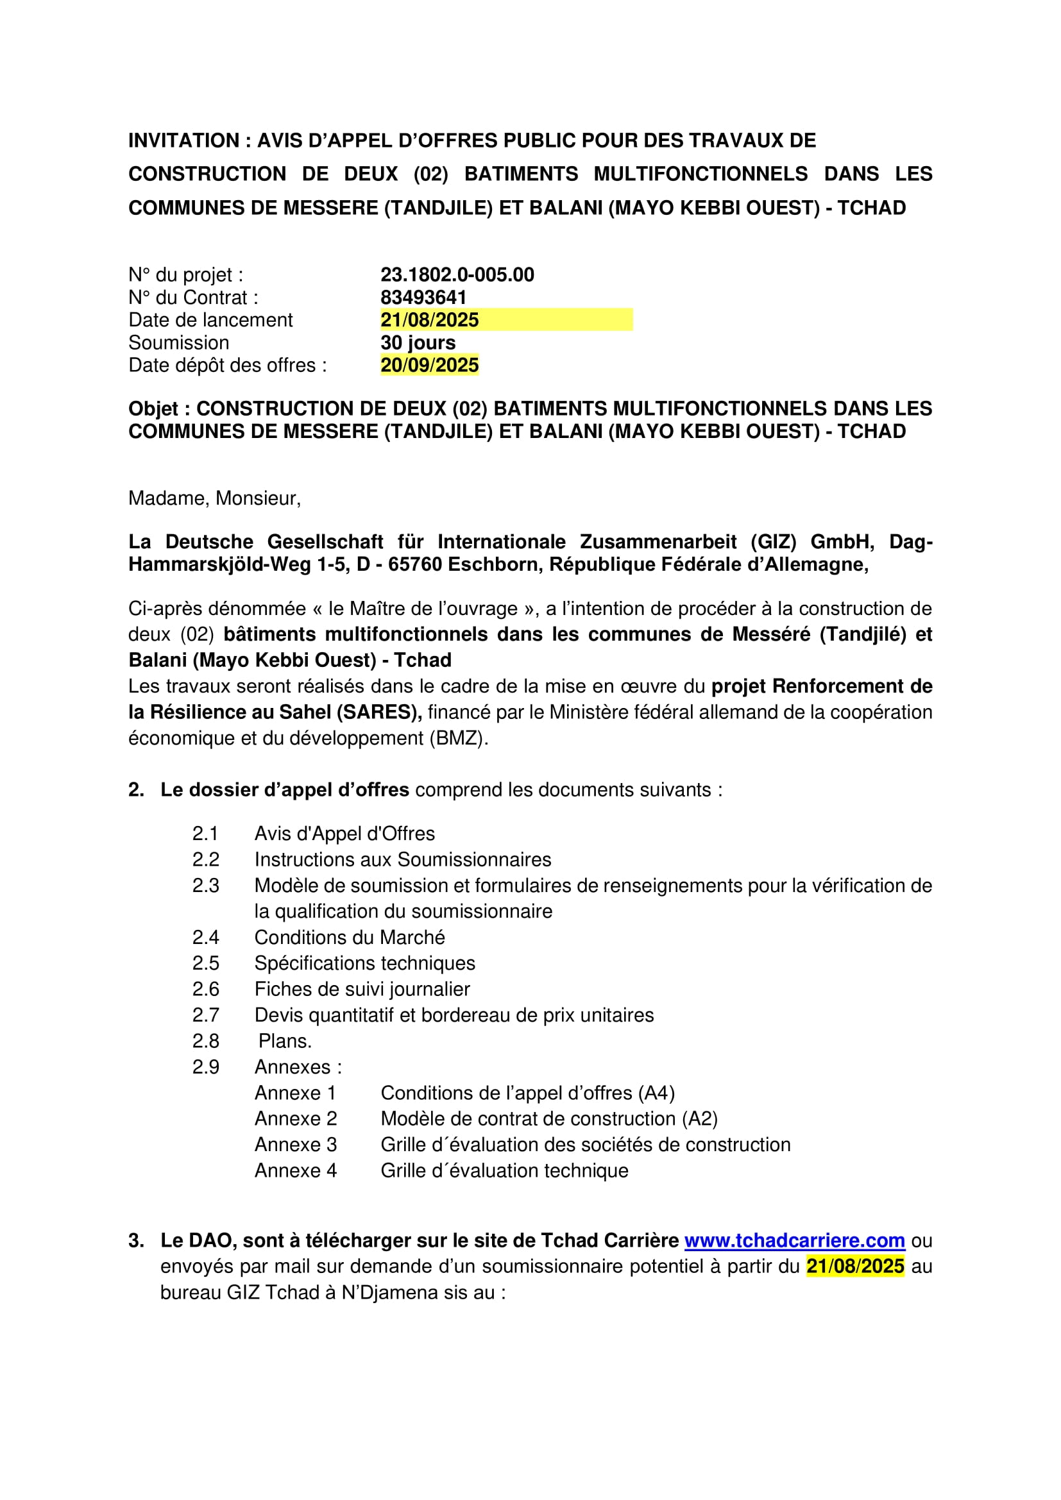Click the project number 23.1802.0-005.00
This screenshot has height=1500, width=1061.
coord(457,274)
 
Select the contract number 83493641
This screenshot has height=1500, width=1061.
coord(423,298)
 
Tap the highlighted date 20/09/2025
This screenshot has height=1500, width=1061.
coord(429,365)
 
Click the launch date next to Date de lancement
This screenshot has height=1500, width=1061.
coord(429,320)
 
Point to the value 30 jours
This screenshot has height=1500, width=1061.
coord(418,342)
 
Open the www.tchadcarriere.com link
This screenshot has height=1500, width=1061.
coord(794,1241)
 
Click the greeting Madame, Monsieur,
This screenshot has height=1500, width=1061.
coord(214,498)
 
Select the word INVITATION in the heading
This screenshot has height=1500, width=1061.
coord(183,140)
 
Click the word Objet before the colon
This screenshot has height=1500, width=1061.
coord(153,409)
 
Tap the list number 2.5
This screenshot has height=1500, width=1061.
coord(205,963)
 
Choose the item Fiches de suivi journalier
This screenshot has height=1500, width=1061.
coord(362,989)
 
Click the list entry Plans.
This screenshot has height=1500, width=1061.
coord(285,1041)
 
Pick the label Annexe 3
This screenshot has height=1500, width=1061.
coord(295,1145)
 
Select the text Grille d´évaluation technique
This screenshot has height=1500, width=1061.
coord(504,1170)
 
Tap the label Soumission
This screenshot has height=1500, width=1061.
coord(178,342)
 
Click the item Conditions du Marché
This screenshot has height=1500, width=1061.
coord(350,938)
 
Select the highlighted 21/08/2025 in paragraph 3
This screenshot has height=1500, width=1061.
coord(855,1266)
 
